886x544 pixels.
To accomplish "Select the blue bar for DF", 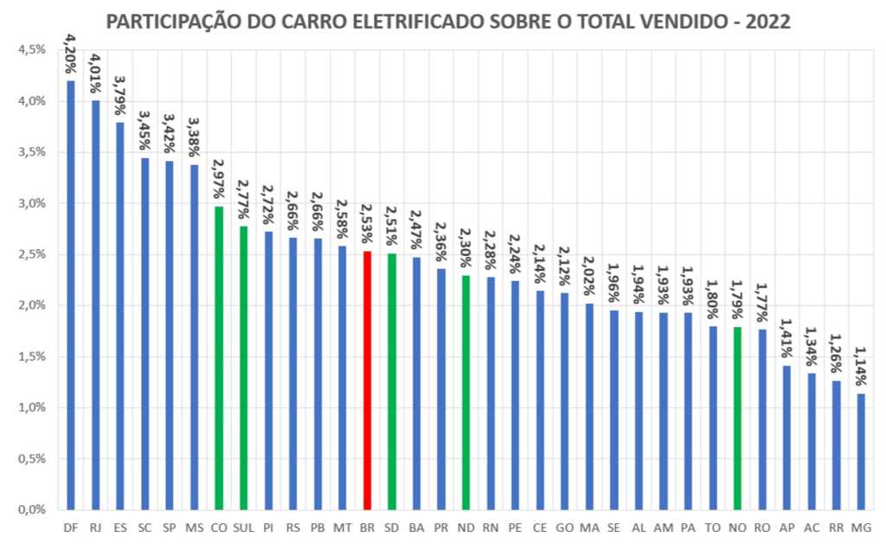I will (70, 294).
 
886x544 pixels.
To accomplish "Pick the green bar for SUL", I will (243, 368).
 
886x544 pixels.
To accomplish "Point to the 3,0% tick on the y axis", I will (32, 203).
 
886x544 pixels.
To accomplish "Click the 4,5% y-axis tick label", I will (32, 50).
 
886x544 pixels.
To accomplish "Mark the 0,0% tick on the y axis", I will (32, 509).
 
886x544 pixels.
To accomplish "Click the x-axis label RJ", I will (95, 526).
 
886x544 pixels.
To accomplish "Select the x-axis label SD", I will (392, 526).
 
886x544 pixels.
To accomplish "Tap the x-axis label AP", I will (786, 526).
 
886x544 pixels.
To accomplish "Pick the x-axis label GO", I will (565, 526).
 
